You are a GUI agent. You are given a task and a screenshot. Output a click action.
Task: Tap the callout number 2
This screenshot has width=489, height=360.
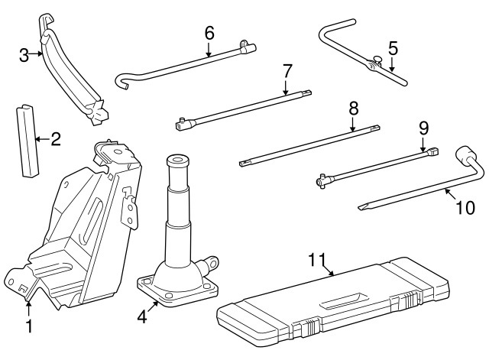coord(55,139)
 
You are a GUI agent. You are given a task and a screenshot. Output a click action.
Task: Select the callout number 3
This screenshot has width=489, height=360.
coord(24,54)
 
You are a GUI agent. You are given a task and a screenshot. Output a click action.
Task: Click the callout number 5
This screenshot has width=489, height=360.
coord(393,48)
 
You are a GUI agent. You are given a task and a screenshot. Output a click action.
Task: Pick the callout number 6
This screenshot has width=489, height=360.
coord(209,33)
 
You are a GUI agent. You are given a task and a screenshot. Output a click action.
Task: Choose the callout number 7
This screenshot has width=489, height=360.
coord(287,71)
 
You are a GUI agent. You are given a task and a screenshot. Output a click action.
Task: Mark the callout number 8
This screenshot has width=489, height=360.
coord(353,108)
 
